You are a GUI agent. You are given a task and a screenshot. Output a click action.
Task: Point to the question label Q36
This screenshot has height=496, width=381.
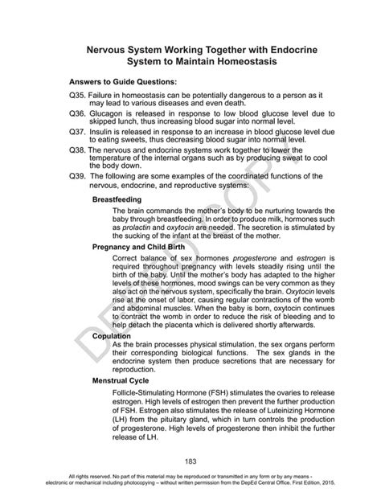(78, 115)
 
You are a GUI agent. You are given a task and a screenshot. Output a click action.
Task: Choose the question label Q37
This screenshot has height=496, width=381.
(78, 131)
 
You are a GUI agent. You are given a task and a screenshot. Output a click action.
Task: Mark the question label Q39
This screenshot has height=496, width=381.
(78, 176)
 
